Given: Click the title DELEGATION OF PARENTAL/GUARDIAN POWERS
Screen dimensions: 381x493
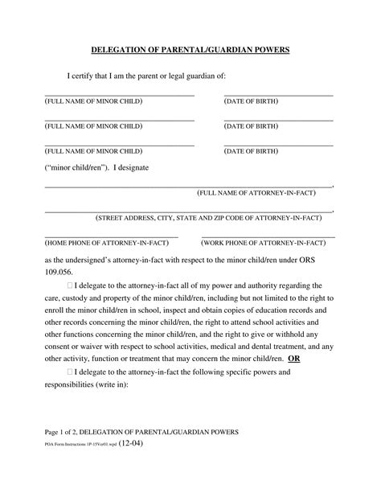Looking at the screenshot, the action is tap(190, 50).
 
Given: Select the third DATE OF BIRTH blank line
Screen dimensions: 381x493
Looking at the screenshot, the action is tap(278, 145).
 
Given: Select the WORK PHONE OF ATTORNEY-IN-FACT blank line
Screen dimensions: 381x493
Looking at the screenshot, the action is tap(278, 236).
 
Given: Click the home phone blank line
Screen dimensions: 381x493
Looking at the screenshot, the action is tap(111, 236).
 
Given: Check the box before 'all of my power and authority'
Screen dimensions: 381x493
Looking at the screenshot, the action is tap(71, 285).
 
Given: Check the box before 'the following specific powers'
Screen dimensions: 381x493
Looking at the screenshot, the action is tap(71, 372).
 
